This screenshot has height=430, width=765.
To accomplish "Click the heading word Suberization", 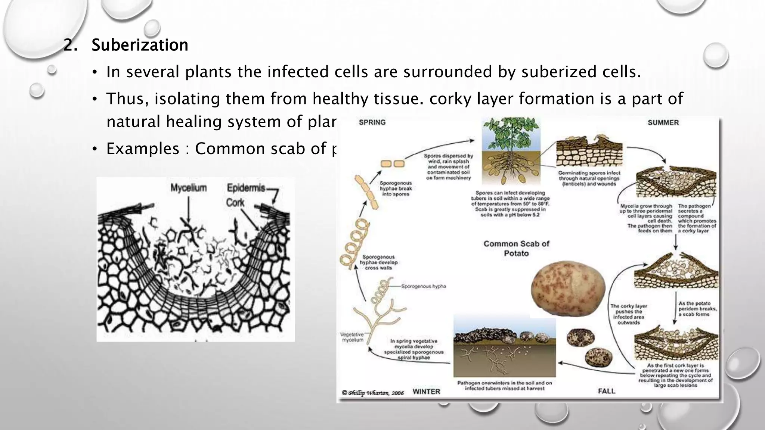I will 140,45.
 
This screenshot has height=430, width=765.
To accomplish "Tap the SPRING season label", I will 372,122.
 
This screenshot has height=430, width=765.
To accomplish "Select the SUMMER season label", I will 663,122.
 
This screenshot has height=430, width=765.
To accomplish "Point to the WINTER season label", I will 426,392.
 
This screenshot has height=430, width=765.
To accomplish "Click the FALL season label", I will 606,391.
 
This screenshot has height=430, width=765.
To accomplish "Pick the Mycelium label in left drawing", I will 188,188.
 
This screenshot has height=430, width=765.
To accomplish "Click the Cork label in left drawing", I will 235,203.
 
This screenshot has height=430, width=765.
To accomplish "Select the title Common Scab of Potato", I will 516,248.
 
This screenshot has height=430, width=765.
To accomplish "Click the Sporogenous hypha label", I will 424,286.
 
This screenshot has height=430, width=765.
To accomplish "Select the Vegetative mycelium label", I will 352,337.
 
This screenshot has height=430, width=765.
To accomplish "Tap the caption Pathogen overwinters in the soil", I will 504,386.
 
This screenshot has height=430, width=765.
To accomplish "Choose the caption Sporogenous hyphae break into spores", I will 396,188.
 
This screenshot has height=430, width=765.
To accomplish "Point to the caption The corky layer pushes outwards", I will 629,314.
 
